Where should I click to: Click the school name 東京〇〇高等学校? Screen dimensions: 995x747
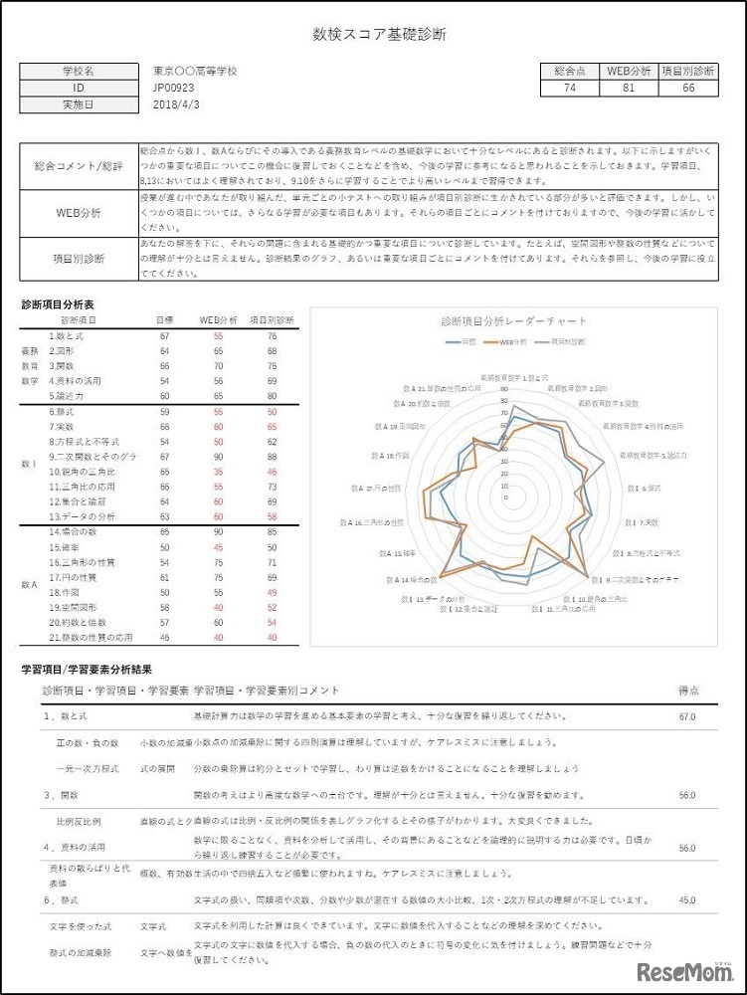coord(196,72)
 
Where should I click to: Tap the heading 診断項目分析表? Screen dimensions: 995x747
coord(59,303)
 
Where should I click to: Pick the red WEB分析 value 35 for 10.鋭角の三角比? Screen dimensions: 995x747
coord(217,472)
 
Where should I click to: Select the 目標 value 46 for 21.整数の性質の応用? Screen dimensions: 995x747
coord(164,637)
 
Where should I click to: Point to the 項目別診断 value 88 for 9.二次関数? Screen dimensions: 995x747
coord(272,457)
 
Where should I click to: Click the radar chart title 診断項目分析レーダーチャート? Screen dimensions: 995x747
coord(513,320)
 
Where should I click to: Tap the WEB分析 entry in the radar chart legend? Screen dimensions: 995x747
coord(514,341)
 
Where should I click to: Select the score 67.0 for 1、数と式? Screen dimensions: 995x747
coord(686,715)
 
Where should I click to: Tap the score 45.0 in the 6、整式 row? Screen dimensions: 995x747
coord(686,900)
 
